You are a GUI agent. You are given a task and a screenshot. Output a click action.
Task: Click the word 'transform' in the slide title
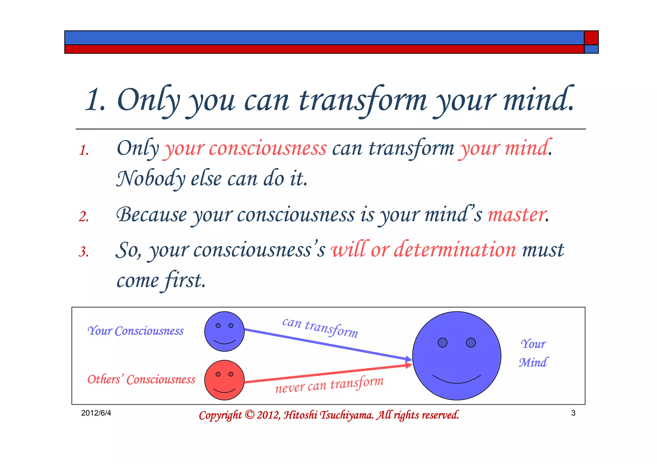tap(363, 100)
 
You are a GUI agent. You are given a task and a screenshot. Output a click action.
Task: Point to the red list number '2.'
tap(84, 217)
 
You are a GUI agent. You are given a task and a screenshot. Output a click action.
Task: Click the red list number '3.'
tap(84, 252)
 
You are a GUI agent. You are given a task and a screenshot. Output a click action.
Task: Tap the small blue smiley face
tap(224, 332)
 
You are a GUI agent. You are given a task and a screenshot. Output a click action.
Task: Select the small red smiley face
tap(224, 380)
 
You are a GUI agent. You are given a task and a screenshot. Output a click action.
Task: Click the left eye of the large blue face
tap(442, 342)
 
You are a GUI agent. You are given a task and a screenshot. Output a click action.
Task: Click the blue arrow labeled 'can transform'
tap(327, 344)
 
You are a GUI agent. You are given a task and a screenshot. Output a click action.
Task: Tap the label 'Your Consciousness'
tap(135, 331)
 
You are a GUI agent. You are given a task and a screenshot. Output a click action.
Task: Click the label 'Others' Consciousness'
tap(141, 380)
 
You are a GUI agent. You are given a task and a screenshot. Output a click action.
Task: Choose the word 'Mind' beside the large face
tap(533, 363)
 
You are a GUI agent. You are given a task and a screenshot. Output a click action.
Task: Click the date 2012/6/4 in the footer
tap(96, 413)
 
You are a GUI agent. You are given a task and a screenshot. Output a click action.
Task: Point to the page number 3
tap(573, 413)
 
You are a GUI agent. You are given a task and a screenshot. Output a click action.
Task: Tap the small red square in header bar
tap(591, 38)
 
